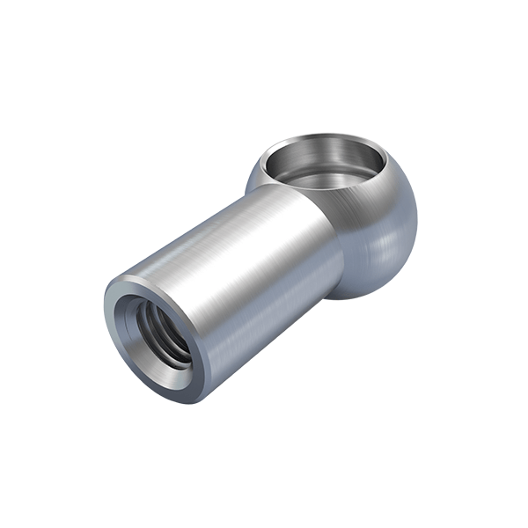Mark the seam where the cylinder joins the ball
point(339,255)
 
